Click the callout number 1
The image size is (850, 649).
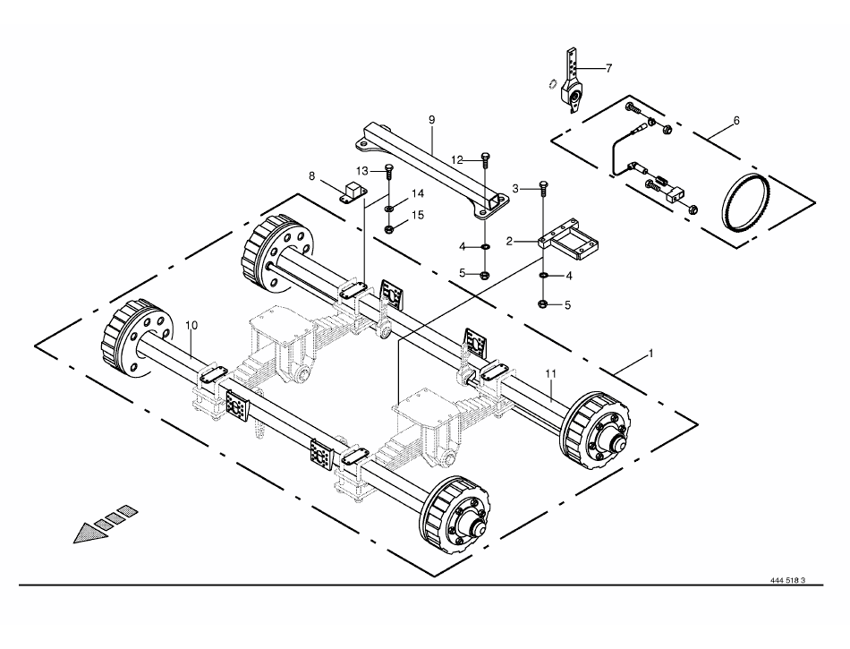(x=650, y=354)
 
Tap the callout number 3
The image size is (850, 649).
(x=516, y=187)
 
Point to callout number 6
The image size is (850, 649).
(x=735, y=120)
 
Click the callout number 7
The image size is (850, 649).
(x=608, y=68)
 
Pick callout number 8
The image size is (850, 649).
(x=311, y=176)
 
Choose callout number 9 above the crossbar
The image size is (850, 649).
(x=431, y=119)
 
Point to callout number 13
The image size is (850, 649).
(x=362, y=170)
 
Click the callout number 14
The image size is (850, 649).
(x=418, y=193)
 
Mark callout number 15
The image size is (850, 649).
(x=418, y=215)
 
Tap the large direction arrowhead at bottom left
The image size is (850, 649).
(x=90, y=533)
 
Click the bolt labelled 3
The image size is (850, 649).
(x=543, y=188)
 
